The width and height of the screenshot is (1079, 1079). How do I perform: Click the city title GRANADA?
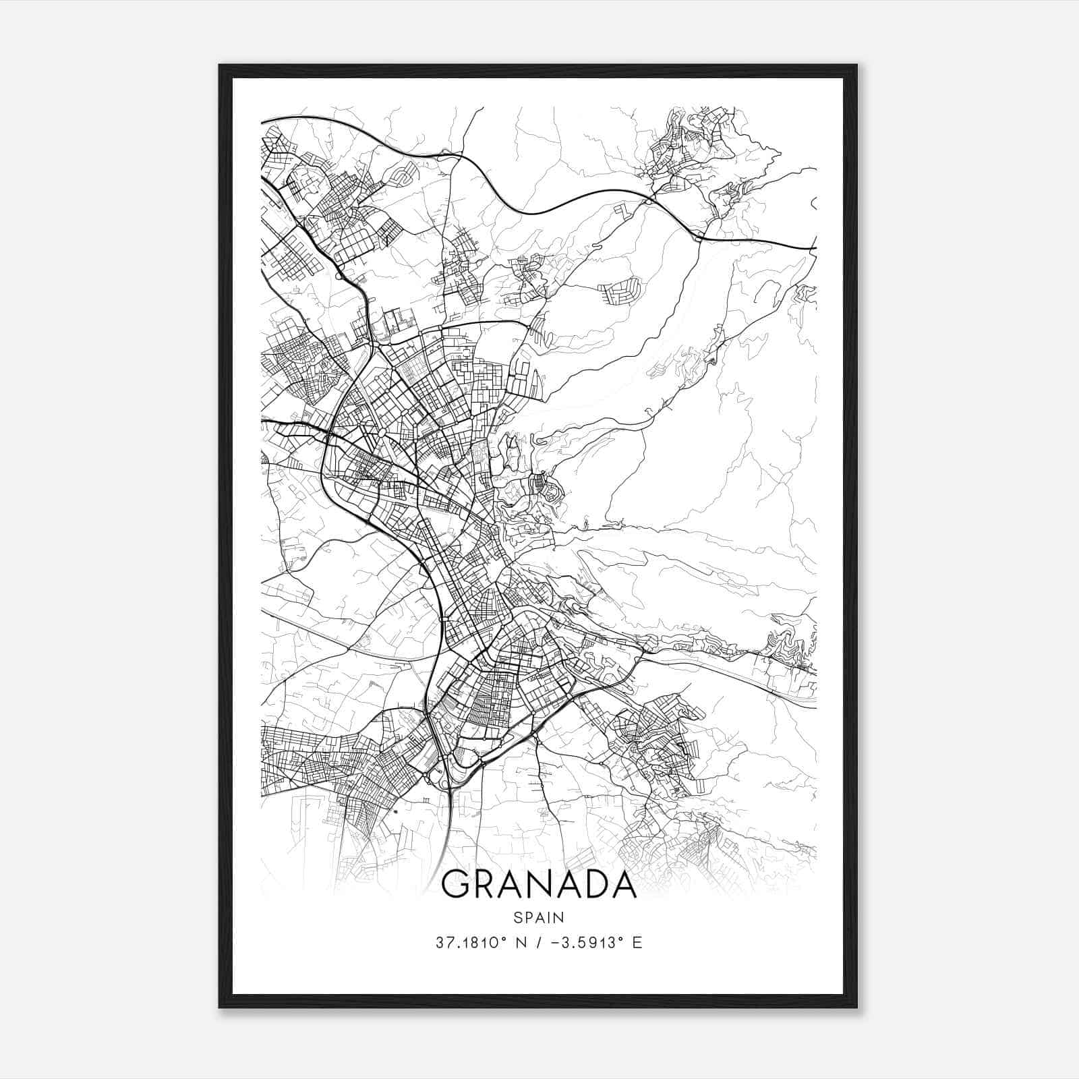pos(539,884)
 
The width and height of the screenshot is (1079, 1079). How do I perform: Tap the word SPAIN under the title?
pos(539,917)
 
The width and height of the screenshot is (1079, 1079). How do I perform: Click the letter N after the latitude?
pos(519,942)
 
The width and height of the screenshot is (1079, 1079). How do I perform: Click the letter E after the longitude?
pos(637,942)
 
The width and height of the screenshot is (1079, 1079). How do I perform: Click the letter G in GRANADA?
pos(457,884)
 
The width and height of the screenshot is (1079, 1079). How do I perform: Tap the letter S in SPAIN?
pos(517,917)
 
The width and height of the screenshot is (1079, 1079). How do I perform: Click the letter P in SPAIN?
pos(528,917)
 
